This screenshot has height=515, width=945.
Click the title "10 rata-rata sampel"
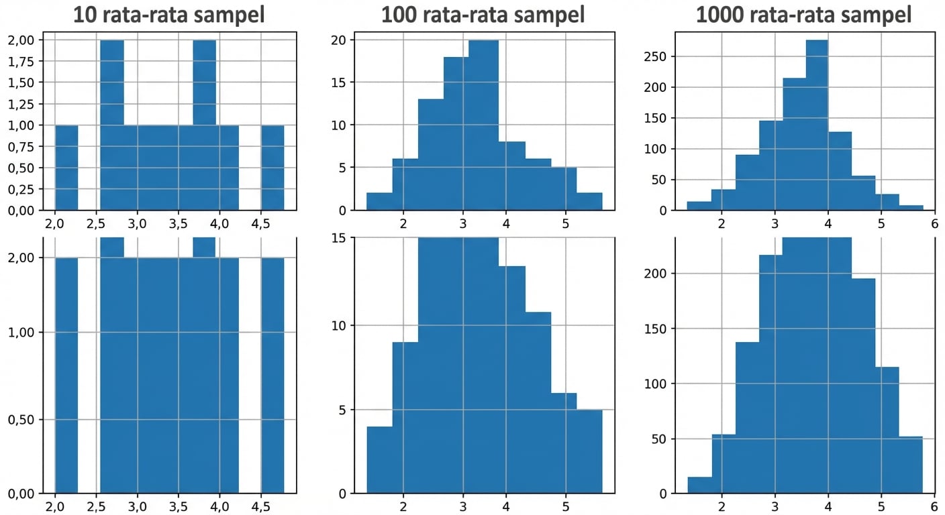coord(168,14)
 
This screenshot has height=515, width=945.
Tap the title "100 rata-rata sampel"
coord(483,14)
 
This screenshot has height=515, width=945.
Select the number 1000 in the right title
coord(722,14)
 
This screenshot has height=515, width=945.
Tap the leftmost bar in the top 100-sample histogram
coord(379,201)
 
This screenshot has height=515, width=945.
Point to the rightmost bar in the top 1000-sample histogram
coord(911,208)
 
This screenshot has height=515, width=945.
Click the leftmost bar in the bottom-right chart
coord(699,485)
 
